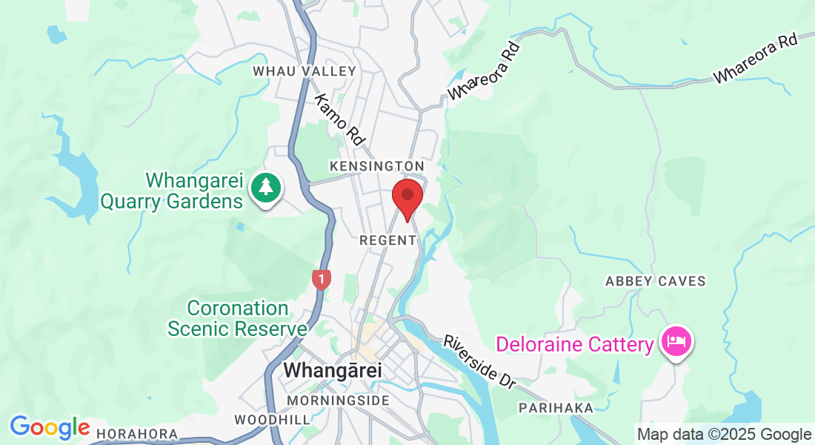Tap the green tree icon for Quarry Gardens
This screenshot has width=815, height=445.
click(266, 188)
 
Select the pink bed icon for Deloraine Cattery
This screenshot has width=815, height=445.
click(677, 342)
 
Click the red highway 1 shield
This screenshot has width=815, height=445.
click(321, 279)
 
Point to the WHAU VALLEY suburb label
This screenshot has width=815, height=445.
click(305, 71)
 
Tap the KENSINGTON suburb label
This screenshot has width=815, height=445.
click(378, 165)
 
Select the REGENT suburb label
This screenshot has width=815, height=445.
click(388, 240)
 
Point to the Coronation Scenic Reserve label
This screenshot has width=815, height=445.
click(237, 317)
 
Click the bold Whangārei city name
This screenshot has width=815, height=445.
click(332, 370)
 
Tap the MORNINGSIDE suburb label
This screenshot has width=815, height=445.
click(338, 400)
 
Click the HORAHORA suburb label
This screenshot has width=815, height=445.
click(137, 433)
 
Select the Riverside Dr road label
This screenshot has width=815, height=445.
click(479, 362)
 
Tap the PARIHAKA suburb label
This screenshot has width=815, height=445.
click(556, 408)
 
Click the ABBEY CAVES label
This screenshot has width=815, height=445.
click(656, 281)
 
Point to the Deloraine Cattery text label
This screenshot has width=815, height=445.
click(576, 344)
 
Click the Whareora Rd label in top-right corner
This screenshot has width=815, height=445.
click(756, 58)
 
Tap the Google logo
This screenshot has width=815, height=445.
click(50, 428)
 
